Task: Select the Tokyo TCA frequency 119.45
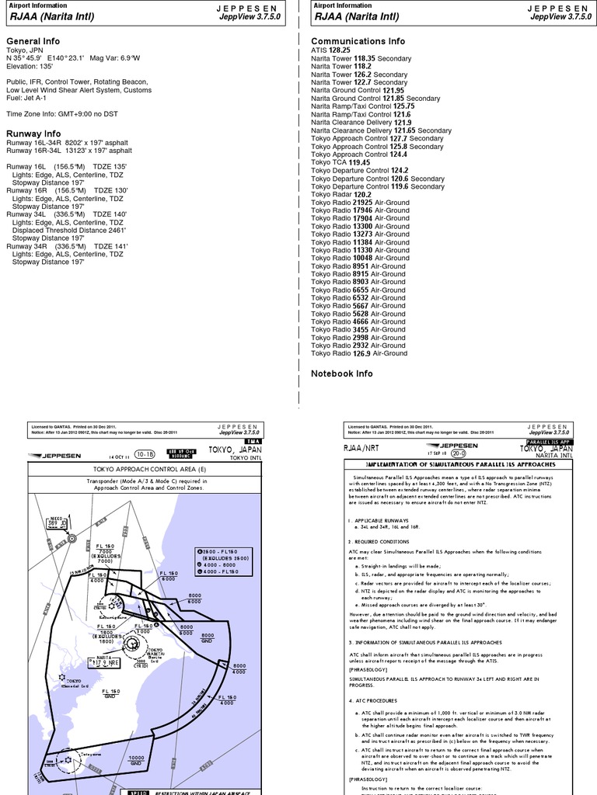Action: [360, 162]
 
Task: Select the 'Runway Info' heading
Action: [33, 134]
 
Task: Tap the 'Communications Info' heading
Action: [358, 41]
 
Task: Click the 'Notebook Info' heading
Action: [341, 373]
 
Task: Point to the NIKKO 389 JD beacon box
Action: [57, 522]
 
